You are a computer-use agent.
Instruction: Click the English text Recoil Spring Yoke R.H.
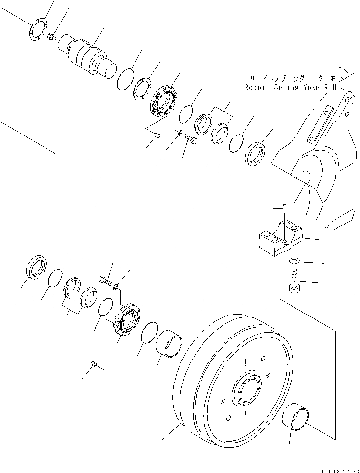[291, 88]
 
